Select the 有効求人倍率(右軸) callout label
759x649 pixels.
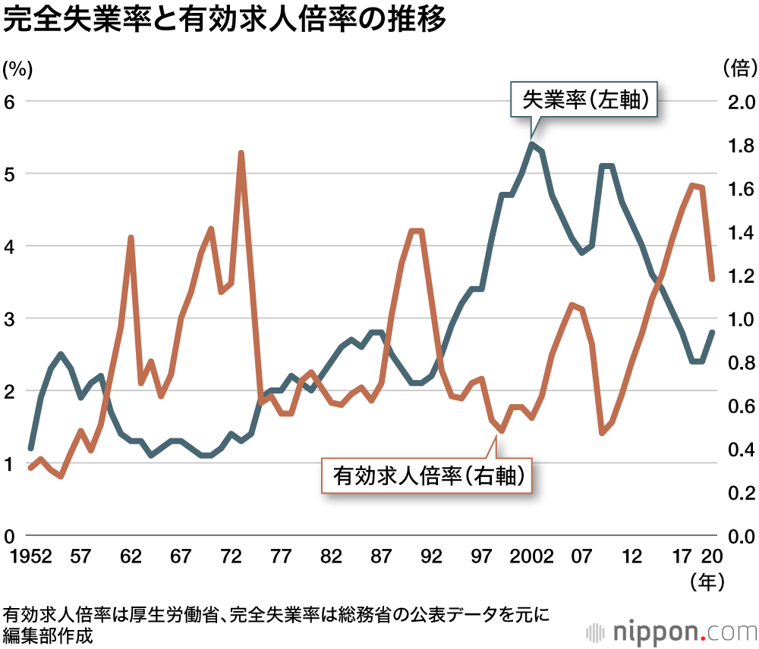(426, 475)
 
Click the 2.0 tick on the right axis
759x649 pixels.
(738, 102)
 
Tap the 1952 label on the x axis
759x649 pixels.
(30, 557)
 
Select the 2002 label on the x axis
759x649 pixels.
(531, 557)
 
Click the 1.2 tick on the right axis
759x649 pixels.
(738, 276)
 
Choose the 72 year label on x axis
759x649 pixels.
(231, 557)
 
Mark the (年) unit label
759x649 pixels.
(707, 582)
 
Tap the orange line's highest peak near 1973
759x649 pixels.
(241, 153)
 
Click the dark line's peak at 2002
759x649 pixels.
(531, 144)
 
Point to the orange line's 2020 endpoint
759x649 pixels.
(712, 278)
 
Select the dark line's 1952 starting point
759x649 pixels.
(30, 448)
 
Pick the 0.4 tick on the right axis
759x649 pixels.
(738, 450)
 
